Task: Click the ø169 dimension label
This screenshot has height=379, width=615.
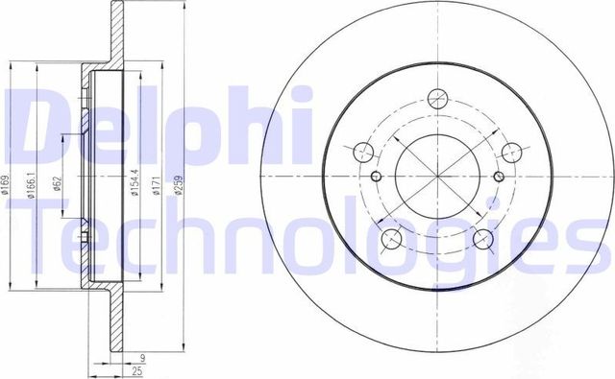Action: tap(8, 182)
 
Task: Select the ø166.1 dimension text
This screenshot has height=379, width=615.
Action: tap(32, 182)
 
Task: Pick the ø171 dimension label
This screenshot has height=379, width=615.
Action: tap(154, 182)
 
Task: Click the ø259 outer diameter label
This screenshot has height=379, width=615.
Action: tap(179, 182)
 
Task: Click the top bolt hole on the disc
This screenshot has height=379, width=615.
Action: tap(437, 98)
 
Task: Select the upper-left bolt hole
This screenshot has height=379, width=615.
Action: tap(364, 151)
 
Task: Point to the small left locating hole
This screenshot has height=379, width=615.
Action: tap(376, 177)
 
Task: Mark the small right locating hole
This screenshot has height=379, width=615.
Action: tap(499, 177)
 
